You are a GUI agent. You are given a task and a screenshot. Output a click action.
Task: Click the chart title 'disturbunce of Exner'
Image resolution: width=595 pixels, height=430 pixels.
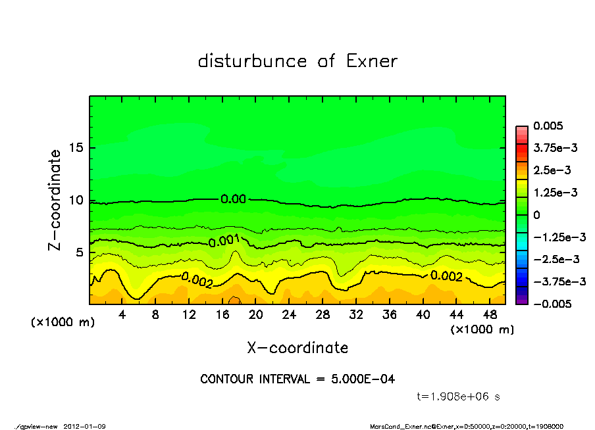[297, 61]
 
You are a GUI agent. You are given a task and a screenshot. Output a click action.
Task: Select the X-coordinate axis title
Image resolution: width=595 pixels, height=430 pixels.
[297, 347]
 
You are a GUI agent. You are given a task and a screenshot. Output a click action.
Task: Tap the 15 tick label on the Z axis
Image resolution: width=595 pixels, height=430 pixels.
[76, 148]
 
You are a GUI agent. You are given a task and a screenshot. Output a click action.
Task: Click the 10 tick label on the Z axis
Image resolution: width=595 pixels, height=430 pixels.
[76, 200]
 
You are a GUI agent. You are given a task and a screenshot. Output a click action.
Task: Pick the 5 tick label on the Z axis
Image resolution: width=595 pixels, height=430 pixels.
[79, 252]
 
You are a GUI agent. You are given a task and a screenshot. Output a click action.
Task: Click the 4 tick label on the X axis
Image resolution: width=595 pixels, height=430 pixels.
[122, 315]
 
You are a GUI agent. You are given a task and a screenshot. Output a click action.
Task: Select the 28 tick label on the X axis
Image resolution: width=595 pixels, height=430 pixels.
[323, 315]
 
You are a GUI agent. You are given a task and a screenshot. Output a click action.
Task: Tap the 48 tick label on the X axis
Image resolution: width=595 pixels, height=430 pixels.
[490, 315]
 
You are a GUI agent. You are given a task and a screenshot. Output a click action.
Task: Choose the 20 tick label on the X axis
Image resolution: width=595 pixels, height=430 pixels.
[256, 315]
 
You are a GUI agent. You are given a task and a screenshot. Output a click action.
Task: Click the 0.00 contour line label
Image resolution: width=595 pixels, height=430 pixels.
[233, 199]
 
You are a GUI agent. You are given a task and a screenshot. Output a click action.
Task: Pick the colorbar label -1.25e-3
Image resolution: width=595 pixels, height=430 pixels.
[559, 237]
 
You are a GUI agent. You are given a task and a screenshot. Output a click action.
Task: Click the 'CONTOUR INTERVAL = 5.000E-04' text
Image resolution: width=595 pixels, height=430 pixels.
[297, 379]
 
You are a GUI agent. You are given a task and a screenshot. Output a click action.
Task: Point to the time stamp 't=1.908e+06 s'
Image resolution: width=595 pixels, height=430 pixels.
[459, 396]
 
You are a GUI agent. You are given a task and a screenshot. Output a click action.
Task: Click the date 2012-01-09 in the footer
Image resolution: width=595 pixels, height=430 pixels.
[85, 426]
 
